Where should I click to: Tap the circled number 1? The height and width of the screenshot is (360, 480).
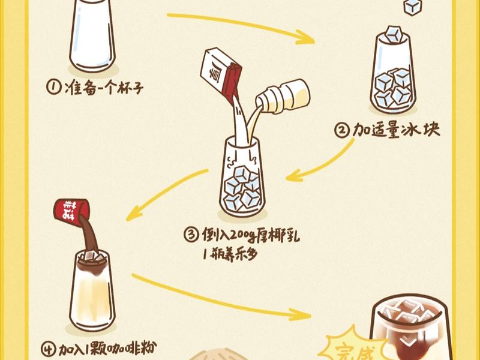pyautogui.click(x=53, y=88)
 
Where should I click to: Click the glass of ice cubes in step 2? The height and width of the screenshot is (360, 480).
pyautogui.click(x=394, y=75)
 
